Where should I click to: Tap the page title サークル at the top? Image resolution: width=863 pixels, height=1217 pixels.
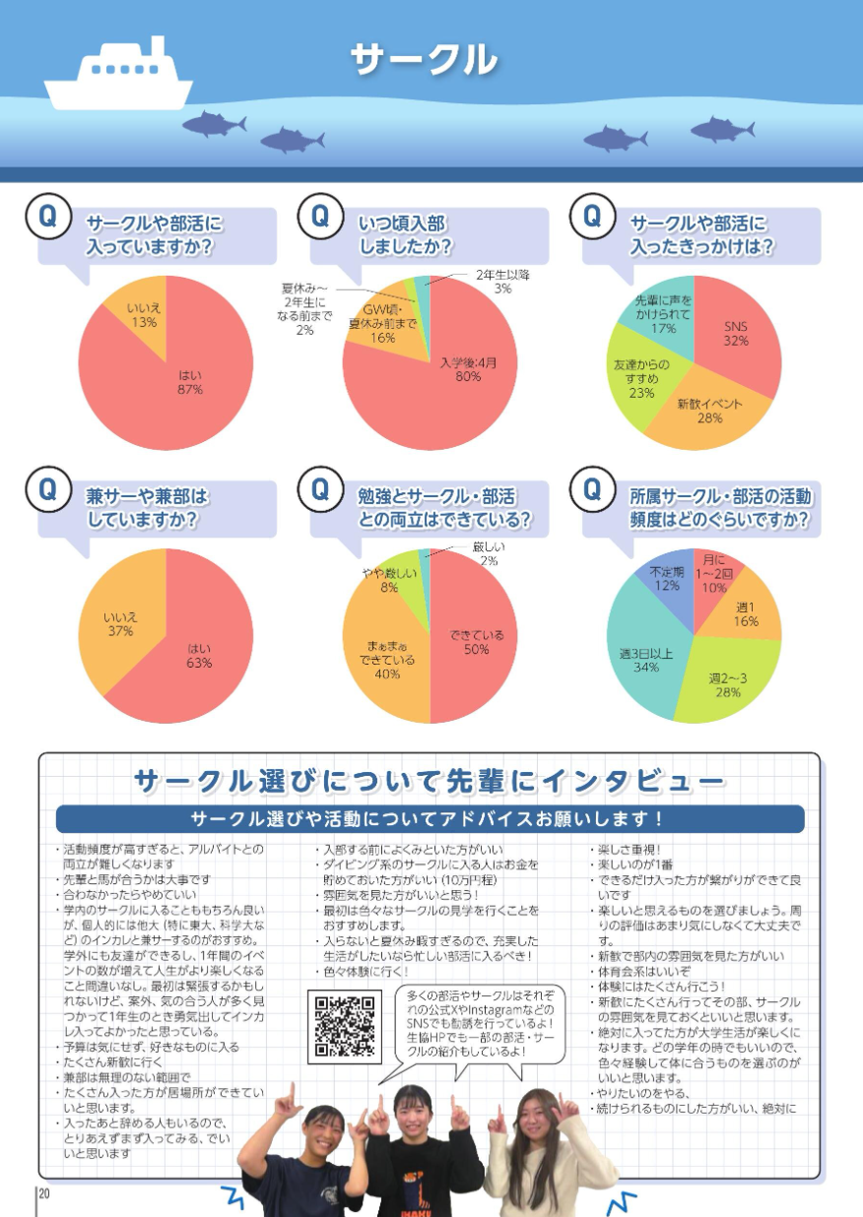(x=424, y=60)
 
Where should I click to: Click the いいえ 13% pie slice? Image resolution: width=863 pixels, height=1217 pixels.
(x=143, y=314)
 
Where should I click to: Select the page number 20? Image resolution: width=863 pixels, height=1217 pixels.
(x=43, y=1194)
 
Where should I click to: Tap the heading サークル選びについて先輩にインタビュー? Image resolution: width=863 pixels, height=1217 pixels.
(x=430, y=782)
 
